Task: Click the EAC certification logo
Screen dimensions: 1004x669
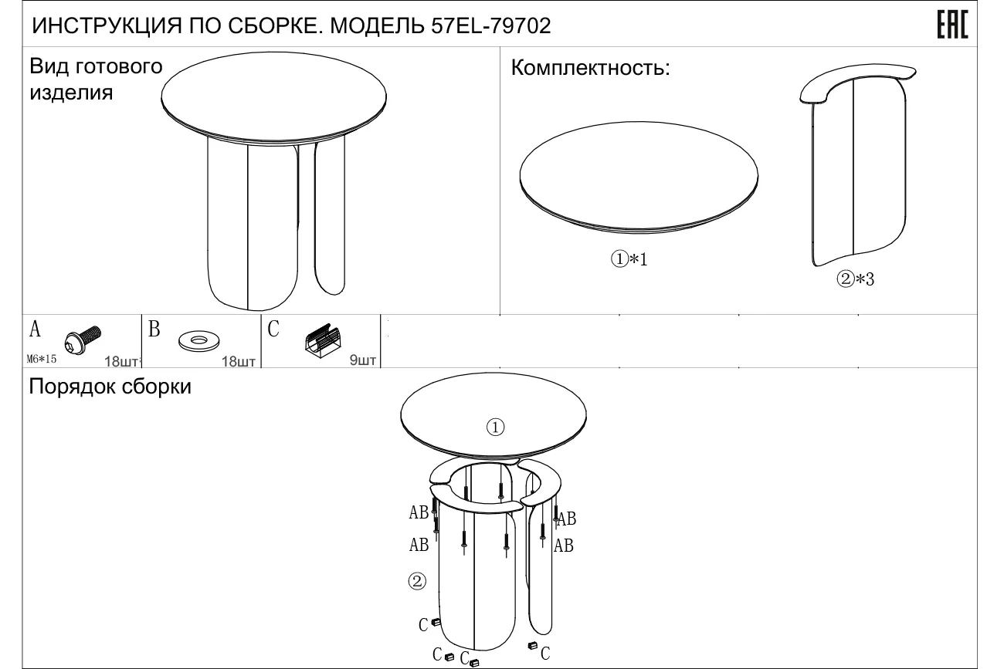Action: (x=952, y=25)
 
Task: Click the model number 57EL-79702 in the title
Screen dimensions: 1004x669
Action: (x=490, y=26)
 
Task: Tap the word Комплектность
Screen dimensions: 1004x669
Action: (x=590, y=68)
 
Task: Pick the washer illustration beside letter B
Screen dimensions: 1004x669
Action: (x=198, y=341)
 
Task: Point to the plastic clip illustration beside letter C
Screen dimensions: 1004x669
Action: (x=323, y=341)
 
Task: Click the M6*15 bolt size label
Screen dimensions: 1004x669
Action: (x=42, y=359)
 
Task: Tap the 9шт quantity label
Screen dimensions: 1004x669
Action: (x=363, y=360)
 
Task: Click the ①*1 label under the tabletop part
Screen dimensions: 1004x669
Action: (x=629, y=258)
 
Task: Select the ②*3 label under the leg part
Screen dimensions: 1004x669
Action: (x=855, y=279)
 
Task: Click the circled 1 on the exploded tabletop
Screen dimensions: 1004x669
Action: (x=495, y=427)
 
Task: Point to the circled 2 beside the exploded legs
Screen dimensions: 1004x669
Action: (x=417, y=581)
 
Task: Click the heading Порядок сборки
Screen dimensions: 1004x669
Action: (x=110, y=387)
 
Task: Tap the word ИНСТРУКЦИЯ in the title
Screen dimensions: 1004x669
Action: (x=107, y=26)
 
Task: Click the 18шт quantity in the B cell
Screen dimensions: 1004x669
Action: (x=239, y=361)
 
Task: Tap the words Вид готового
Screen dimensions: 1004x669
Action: (x=96, y=66)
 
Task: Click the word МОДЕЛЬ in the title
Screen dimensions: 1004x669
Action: (x=377, y=26)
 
